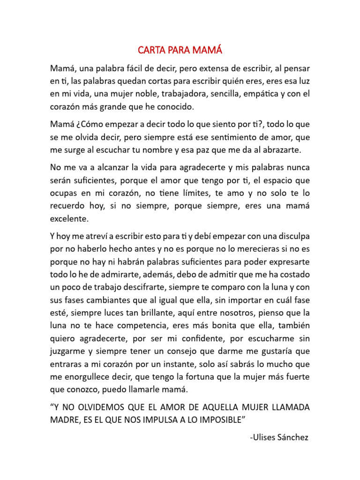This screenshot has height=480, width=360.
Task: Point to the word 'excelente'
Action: click(x=69, y=218)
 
